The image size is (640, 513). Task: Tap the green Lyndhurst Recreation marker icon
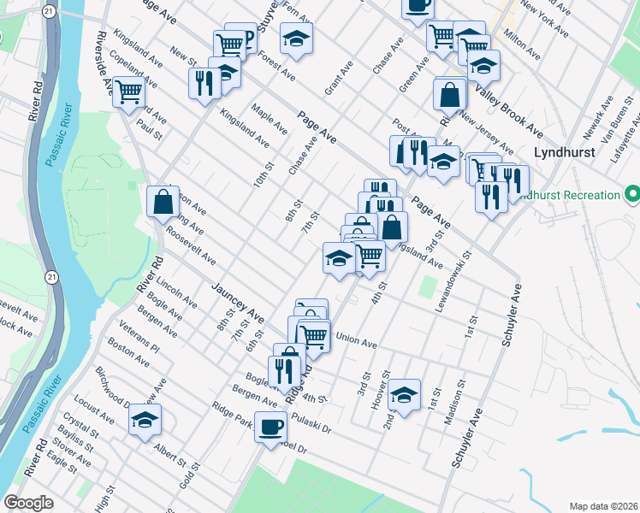(631, 195)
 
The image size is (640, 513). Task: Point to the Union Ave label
(357, 344)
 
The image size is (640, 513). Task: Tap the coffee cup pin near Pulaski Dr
(271, 425)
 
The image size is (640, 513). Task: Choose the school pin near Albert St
(145, 419)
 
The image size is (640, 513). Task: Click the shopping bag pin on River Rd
(163, 202)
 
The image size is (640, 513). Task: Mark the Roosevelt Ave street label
(191, 246)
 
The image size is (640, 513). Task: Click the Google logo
(28, 503)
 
